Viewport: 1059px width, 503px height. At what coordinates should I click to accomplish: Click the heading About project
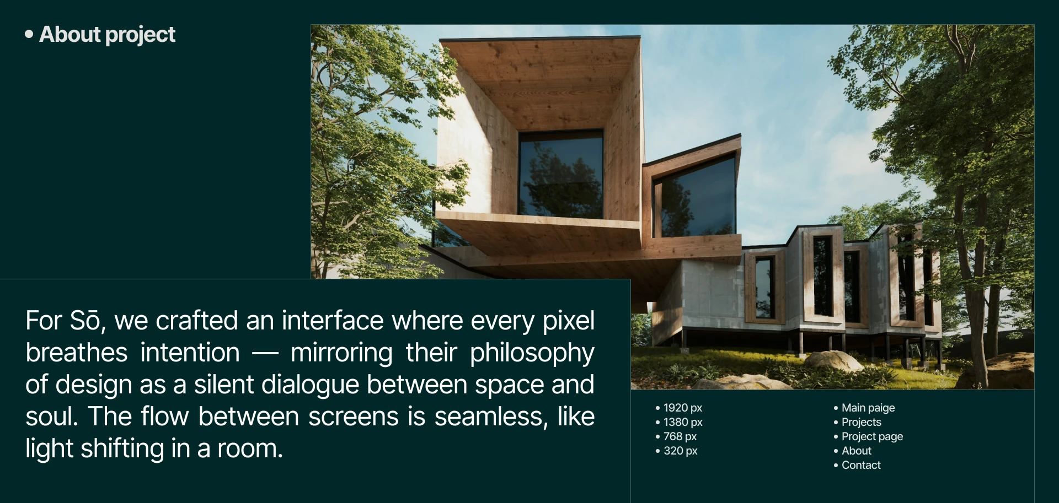click(107, 35)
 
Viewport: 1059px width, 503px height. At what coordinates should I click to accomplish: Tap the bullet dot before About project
click(29, 34)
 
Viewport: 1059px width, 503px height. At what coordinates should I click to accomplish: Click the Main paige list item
click(868, 408)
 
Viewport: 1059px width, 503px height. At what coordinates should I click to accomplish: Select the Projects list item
click(861, 422)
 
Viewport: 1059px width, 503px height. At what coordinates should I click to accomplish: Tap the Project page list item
click(872, 436)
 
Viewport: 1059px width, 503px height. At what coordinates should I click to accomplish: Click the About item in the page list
click(856, 451)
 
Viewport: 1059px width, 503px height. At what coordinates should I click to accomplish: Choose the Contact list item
click(860, 465)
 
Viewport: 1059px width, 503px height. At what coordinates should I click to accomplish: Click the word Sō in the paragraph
click(86, 321)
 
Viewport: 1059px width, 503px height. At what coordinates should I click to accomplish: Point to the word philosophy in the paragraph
click(532, 353)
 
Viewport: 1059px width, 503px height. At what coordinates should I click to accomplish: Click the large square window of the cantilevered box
click(560, 174)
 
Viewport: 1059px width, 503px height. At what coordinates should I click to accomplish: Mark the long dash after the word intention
click(265, 353)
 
